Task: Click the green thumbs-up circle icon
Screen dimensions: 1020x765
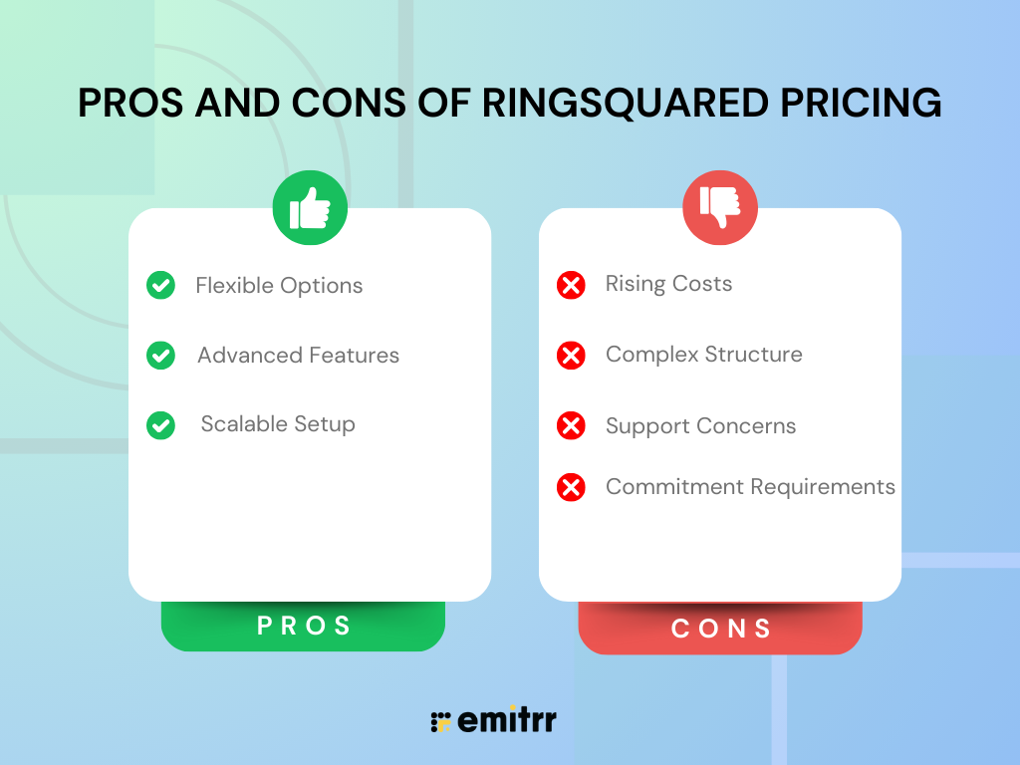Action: click(310, 207)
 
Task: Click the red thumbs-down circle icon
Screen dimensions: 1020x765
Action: click(720, 207)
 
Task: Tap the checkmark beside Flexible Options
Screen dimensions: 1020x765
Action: click(160, 285)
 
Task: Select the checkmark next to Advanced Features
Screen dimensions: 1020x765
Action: click(160, 356)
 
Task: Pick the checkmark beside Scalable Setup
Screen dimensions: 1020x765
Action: click(160, 425)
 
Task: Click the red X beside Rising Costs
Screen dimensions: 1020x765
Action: click(571, 285)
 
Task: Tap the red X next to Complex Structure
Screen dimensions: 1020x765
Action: click(571, 356)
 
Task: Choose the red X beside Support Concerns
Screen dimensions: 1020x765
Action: click(571, 425)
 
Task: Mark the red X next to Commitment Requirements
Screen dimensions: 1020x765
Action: click(571, 487)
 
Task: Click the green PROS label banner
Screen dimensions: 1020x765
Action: click(303, 626)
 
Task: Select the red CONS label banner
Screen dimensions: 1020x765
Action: click(720, 628)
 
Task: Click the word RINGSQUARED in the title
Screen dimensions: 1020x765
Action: click(626, 103)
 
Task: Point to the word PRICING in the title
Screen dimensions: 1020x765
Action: click(861, 103)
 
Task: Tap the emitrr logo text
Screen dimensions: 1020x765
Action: click(507, 719)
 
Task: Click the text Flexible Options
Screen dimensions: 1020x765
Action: click(279, 286)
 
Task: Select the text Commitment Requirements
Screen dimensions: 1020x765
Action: click(750, 486)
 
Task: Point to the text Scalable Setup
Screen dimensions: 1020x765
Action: click(278, 424)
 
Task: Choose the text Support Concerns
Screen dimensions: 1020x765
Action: click(700, 426)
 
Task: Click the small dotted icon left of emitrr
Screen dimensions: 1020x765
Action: click(440, 722)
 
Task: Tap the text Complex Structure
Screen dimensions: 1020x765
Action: click(704, 355)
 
